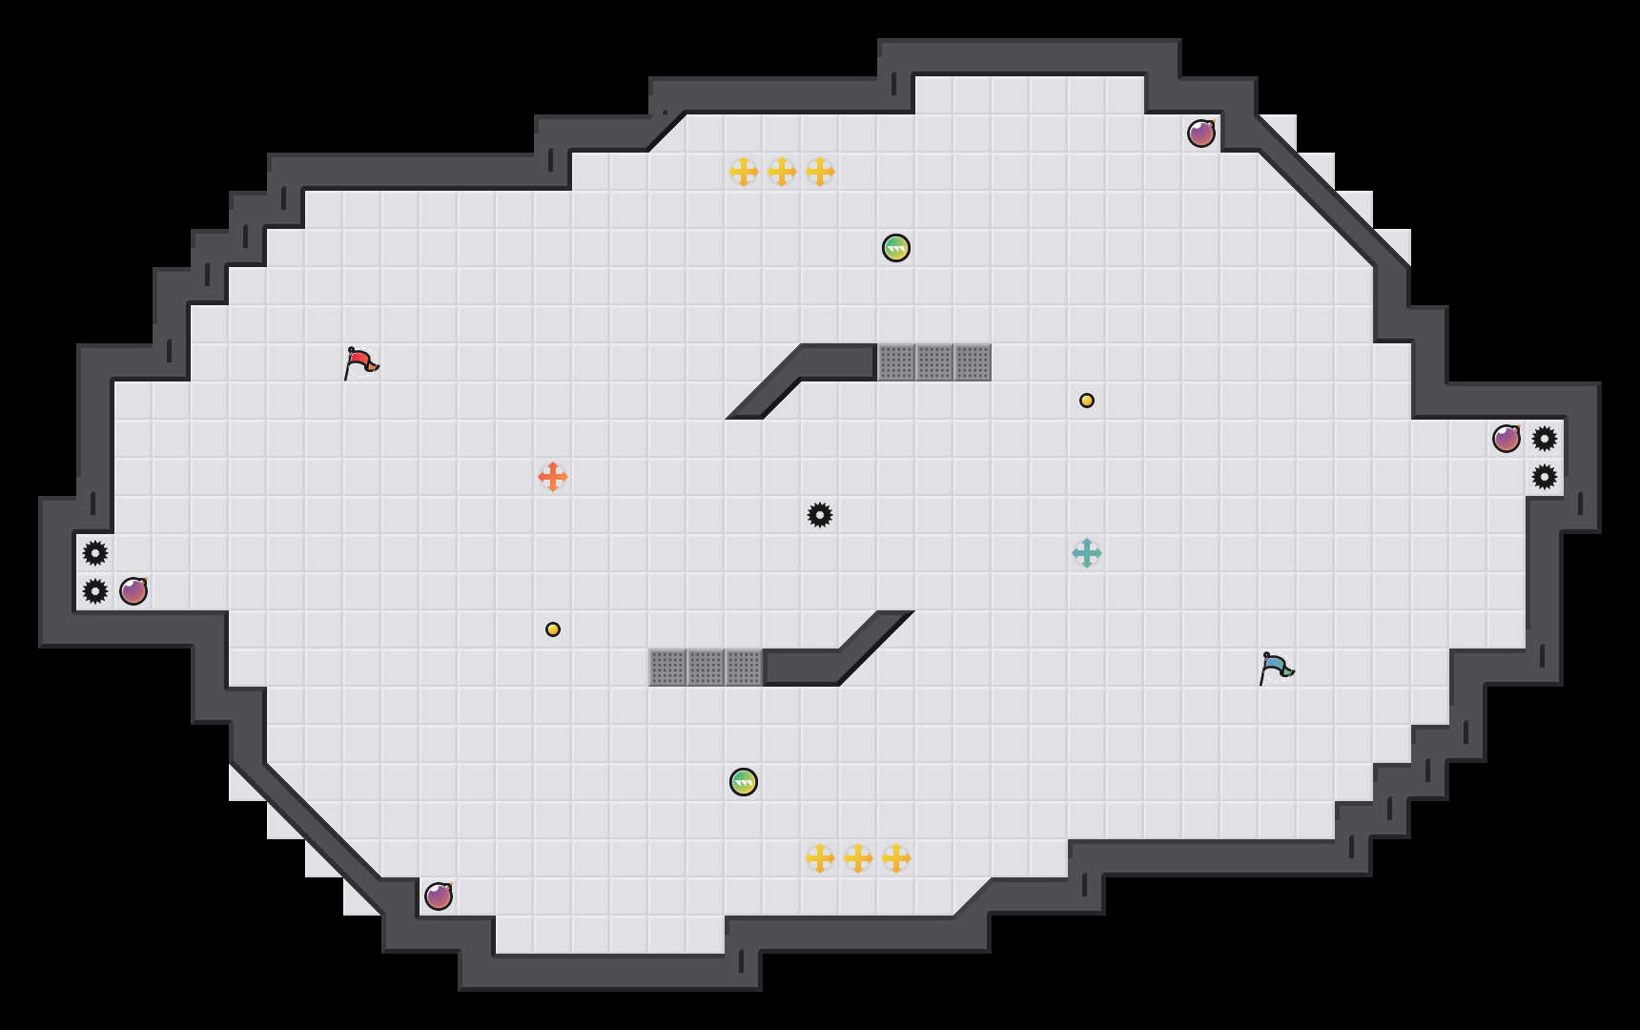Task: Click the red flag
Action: click(360, 363)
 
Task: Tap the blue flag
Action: click(1276, 669)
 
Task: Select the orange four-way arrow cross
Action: click(553, 477)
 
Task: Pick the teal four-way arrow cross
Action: click(1087, 553)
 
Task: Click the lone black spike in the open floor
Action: click(820, 515)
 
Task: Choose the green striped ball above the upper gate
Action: click(896, 248)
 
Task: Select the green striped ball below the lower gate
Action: click(744, 782)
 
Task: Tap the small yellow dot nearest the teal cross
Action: click(1087, 401)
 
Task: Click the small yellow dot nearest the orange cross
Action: click(553, 629)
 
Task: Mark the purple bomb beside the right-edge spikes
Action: click(1507, 439)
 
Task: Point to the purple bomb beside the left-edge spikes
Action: click(133, 591)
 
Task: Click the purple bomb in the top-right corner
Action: click(1201, 134)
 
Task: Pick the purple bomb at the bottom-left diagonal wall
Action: click(439, 896)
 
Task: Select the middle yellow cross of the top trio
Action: click(782, 172)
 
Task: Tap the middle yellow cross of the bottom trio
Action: click(858, 858)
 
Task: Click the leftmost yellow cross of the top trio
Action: click(744, 172)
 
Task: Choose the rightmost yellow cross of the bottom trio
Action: click(896, 858)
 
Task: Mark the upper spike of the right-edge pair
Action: click(1545, 439)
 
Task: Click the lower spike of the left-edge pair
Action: click(95, 591)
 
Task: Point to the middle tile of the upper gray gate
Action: click(934, 362)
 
